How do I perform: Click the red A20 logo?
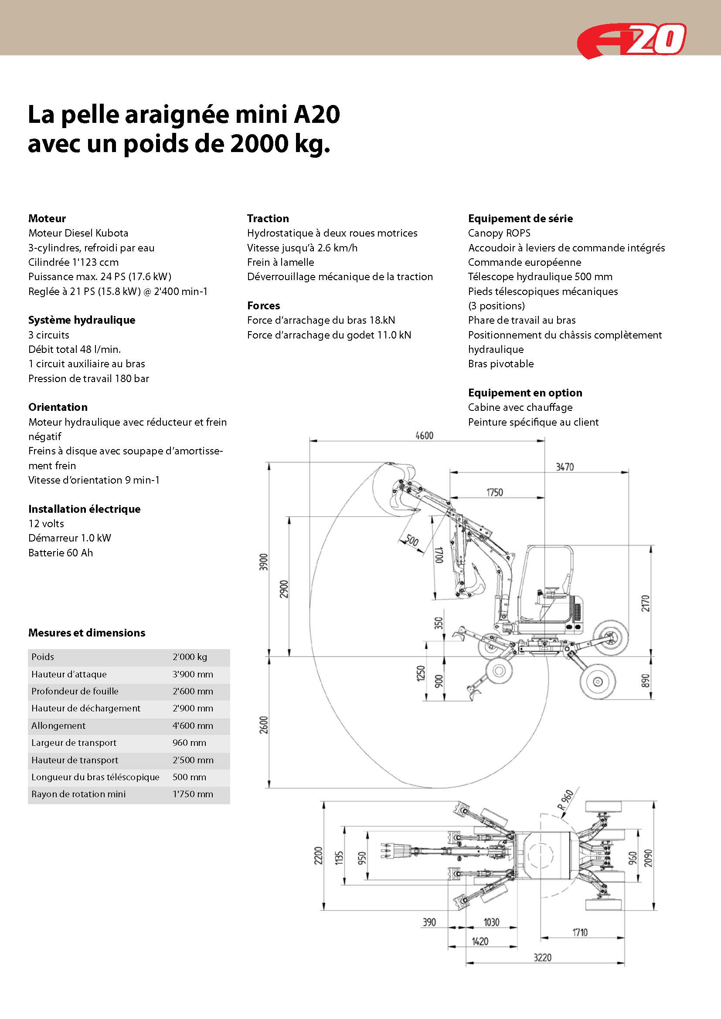(632, 40)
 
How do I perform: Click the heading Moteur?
(47, 218)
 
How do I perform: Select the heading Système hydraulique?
(82, 320)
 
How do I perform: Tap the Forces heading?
(264, 305)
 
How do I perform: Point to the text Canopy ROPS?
(499, 233)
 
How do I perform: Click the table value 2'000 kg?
(190, 657)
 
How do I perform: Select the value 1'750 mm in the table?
(193, 794)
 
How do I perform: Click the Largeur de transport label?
(74, 742)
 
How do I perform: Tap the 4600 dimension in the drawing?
(425, 435)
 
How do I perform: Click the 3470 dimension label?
(565, 467)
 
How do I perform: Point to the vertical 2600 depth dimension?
(264, 725)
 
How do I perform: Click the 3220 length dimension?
(543, 970)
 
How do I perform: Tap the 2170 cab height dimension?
(646, 603)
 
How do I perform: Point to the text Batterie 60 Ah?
(61, 552)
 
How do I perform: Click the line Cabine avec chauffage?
(520, 407)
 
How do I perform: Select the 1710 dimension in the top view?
(580, 932)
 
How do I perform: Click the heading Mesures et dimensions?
(87, 633)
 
